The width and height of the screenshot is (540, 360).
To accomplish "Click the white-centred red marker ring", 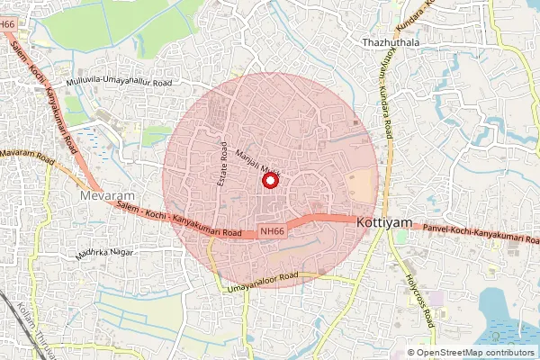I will coord(269,182).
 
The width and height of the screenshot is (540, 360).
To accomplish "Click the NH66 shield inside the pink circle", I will coord(273,231).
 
